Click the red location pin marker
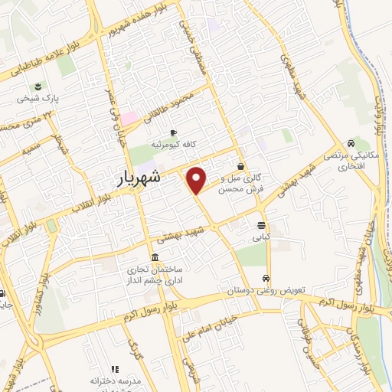(x=197, y=180)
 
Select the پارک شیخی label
(x=40, y=99)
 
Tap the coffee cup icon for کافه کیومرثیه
(x=174, y=132)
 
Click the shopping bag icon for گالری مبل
(x=241, y=166)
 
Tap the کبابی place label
(x=263, y=238)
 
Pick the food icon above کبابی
(x=263, y=226)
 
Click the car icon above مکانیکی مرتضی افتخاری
(x=350, y=143)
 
